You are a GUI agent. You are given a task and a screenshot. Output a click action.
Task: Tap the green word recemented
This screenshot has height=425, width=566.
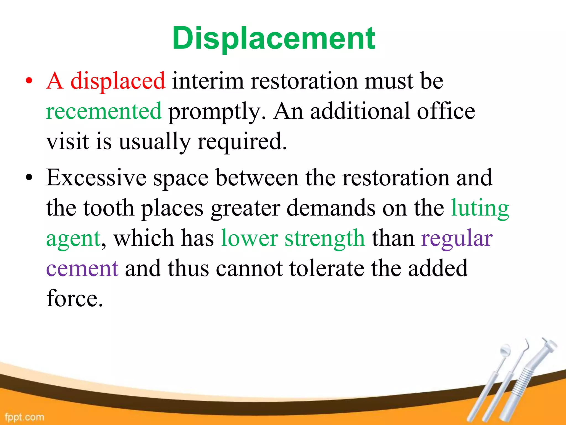[104, 111]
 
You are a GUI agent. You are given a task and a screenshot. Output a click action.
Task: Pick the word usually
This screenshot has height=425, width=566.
[154, 142]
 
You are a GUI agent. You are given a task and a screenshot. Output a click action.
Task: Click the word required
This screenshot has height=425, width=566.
[242, 142]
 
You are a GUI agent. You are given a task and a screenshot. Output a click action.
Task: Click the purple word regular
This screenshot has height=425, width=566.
[457, 239]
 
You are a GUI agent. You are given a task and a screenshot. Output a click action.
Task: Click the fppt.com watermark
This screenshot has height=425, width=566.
[24, 417]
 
